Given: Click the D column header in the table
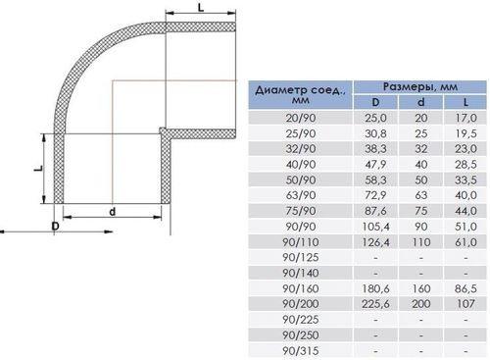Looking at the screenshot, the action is tap(375, 102).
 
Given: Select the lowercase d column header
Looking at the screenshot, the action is tap(421, 102).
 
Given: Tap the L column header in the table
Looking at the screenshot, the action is tap(465, 102).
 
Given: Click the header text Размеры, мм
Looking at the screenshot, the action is tap(420, 87).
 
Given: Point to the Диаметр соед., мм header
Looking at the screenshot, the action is tap(300, 94).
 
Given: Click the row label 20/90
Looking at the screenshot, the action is tap(301, 118).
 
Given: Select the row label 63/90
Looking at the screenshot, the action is tap(301, 195).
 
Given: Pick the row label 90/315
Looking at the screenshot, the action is tap(300, 351).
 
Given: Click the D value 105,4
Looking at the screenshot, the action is tap(375, 227).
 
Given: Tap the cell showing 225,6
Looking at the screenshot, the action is tap(375, 304).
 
